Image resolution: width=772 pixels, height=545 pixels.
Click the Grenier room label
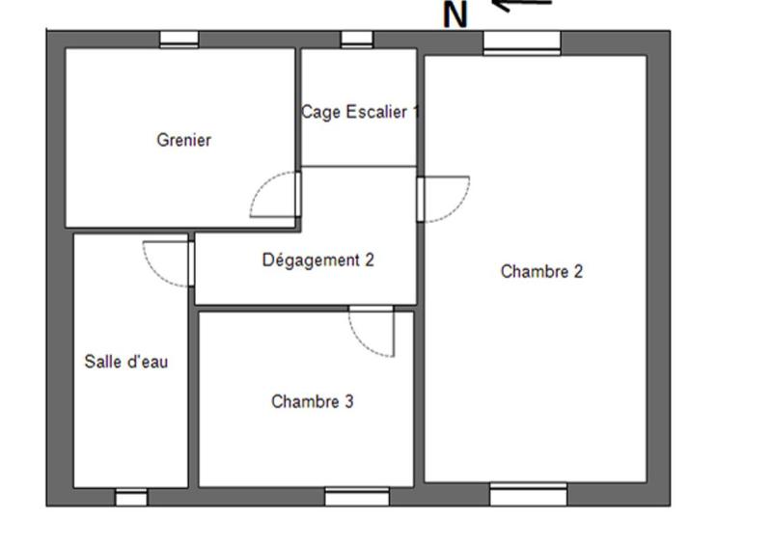click(183, 140)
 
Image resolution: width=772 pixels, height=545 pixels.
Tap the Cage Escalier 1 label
click(360, 112)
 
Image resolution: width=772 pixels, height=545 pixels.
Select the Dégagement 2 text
click(317, 259)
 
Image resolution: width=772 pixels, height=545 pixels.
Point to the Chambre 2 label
click(541, 272)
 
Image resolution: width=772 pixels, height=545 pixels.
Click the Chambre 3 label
click(312, 401)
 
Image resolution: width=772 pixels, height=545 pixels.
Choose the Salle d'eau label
click(126, 362)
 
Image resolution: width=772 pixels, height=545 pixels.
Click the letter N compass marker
click(455, 14)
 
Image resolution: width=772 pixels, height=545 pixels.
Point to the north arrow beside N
click(522, 5)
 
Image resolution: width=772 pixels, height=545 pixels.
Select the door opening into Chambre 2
click(445, 199)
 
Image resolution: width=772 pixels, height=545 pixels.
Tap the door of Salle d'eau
click(167, 261)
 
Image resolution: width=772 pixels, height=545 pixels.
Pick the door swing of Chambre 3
click(372, 332)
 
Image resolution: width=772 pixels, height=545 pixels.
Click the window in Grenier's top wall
click(179, 39)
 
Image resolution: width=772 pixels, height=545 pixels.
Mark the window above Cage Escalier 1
click(357, 39)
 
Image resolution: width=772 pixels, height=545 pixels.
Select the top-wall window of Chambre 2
click(521, 41)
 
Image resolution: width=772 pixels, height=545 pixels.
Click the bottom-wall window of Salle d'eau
click(131, 498)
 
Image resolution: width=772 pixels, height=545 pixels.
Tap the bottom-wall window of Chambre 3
click(356, 497)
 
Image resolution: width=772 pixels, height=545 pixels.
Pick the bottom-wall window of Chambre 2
click(528, 495)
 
